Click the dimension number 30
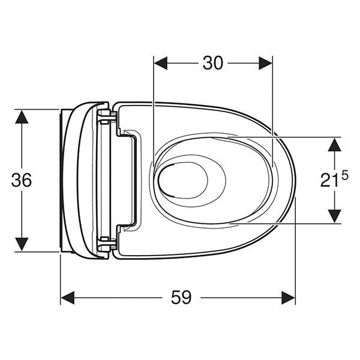(212, 63)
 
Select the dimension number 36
(22, 180)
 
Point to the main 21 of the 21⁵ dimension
(329, 180)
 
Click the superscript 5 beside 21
(345, 176)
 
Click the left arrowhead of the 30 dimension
(160, 63)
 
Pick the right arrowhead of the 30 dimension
(266, 63)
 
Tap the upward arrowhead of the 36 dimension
(22, 117)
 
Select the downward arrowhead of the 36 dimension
(22, 244)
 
